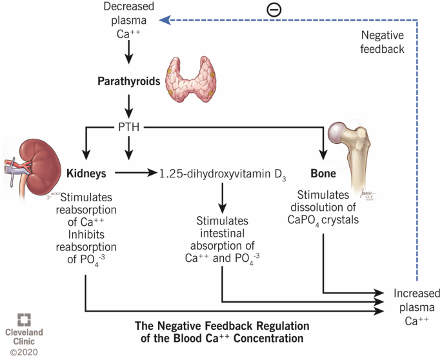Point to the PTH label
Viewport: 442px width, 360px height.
128,127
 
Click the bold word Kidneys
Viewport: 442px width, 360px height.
86,173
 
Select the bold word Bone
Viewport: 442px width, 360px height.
323,173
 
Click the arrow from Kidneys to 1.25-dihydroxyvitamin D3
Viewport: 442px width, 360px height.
137,173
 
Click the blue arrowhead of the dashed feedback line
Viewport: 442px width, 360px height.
166,20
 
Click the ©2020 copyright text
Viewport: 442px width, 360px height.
24,352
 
